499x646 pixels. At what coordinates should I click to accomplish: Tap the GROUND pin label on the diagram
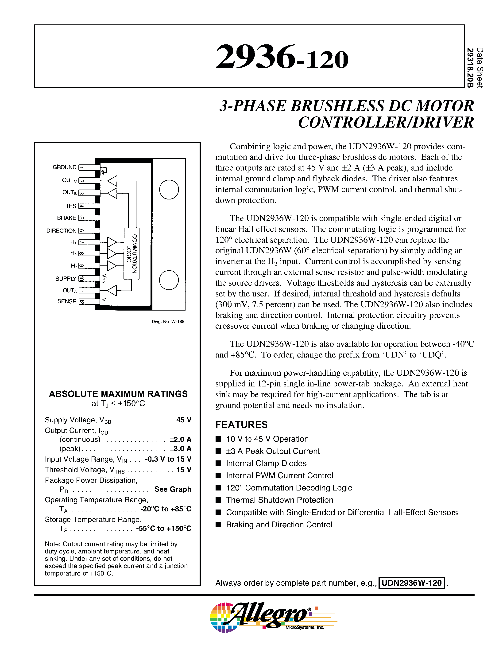coord(64,167)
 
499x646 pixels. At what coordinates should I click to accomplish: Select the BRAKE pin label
coord(66,218)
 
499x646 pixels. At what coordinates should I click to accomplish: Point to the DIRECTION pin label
coord(61,231)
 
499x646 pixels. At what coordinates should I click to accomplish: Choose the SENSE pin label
coord(67,301)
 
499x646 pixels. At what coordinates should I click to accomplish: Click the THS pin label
coord(71,206)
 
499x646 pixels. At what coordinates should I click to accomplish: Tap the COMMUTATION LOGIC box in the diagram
coord(132,253)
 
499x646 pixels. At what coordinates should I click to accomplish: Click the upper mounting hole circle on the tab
coord(169,190)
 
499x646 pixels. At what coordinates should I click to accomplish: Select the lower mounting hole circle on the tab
coord(169,280)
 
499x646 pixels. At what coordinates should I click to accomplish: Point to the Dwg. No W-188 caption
coord(168,322)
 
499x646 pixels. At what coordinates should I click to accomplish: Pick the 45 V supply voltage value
coord(184,420)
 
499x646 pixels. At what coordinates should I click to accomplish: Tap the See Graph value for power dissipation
coord(173,489)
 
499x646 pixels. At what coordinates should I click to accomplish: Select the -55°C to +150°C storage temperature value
coord(164,529)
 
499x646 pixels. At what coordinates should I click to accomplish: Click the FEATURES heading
coord(241,425)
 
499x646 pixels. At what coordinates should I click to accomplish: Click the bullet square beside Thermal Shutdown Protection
coord(218,500)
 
